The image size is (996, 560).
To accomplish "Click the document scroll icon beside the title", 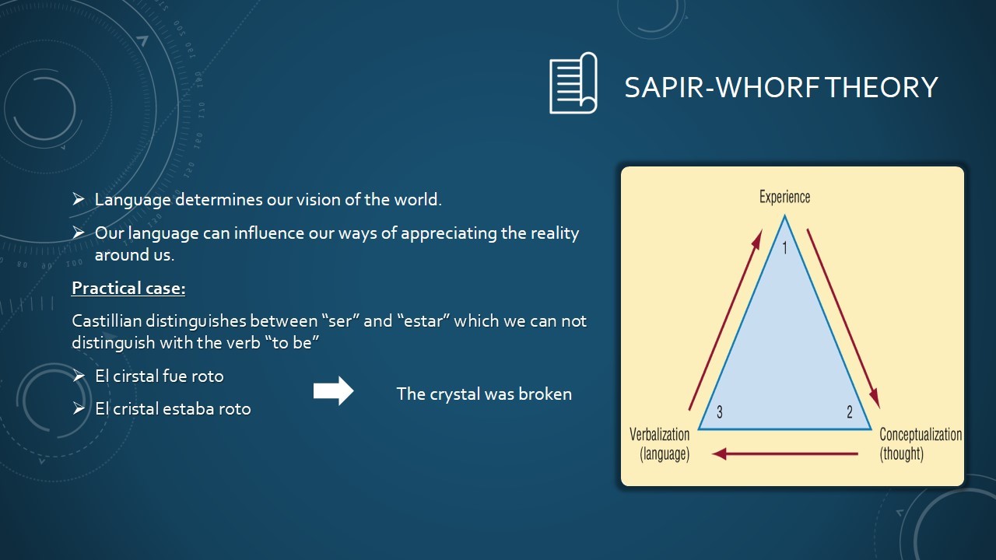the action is coord(573,83).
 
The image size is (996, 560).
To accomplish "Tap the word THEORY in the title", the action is coord(882,87).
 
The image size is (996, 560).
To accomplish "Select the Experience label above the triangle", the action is coord(784,197).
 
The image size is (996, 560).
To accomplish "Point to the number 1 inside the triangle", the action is coord(785,248).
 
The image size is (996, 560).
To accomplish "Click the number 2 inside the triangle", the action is coord(849,412).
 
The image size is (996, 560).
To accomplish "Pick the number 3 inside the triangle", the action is coord(720,412).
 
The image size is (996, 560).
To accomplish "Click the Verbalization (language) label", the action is coord(661,444).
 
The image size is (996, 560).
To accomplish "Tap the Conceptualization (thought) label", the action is coord(921,444).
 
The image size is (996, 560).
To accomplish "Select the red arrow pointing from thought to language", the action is coord(785,453).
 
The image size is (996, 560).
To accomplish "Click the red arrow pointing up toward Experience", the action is coord(726,320).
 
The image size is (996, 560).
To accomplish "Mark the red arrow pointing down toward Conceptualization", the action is coord(843,318).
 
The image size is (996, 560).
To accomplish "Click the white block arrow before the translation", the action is coord(334,391).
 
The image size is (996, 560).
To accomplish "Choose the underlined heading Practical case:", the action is coord(128,289).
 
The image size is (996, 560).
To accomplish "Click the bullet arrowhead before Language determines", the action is coord(79,199).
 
